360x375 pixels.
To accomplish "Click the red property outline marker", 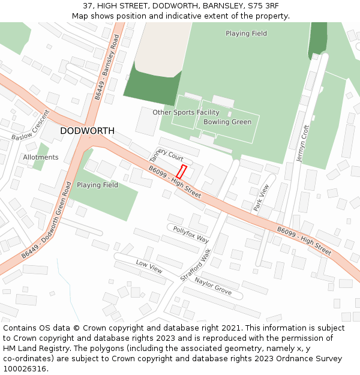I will coord(181,171).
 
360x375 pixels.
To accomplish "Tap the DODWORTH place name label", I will coord(87,131).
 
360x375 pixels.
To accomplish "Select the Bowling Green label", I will coord(227,122).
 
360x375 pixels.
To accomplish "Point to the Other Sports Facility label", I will coord(186,112).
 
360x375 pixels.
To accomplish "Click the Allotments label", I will coord(41,157).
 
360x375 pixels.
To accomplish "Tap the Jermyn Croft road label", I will coord(302,143).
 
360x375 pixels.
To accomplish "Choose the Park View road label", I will coord(261,197).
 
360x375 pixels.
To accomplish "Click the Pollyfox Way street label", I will coord(191,235).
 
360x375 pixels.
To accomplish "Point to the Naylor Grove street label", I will coord(213,286).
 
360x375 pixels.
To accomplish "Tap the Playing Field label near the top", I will coord(246,34).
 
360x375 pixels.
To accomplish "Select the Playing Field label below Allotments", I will coord(97,185).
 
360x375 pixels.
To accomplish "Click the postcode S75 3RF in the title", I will coord(264,5).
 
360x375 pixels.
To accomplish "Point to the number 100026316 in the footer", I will coord(25,368).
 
